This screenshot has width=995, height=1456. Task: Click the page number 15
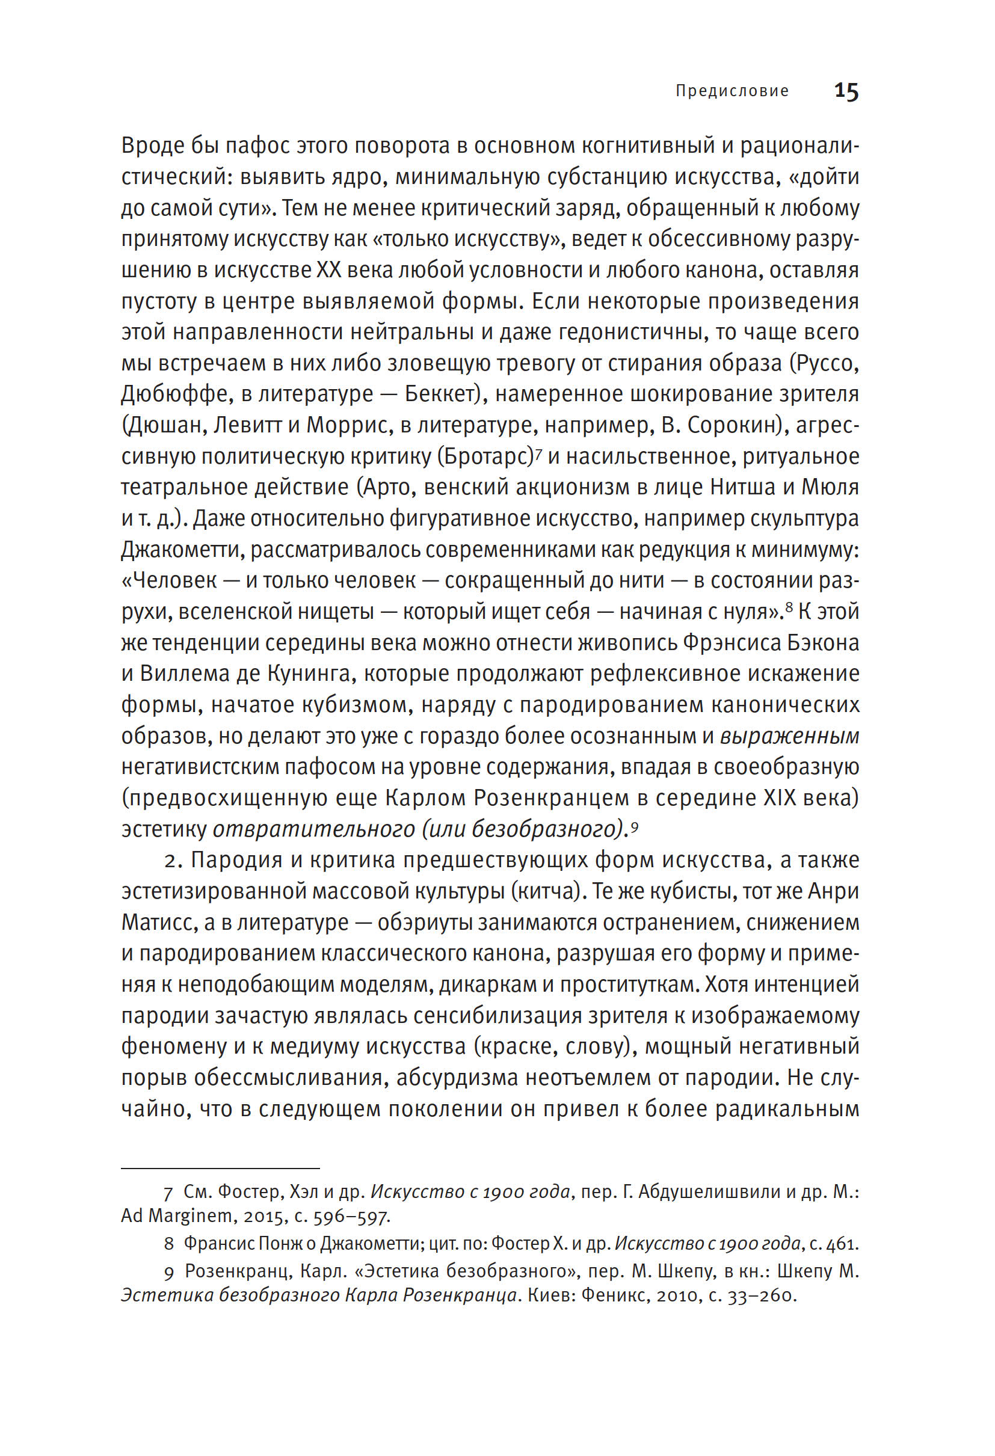click(846, 91)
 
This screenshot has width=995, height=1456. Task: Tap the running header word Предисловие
click(732, 91)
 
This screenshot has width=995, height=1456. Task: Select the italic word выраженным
click(789, 736)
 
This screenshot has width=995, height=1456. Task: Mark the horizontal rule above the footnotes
click(220, 1169)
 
